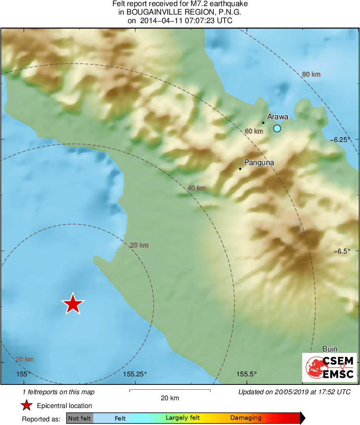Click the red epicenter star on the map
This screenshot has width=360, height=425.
click(x=73, y=304)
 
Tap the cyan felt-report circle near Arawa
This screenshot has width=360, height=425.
click(x=277, y=129)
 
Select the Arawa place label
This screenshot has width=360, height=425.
click(x=278, y=117)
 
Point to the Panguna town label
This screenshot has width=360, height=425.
click(x=259, y=163)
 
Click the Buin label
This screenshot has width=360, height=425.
click(x=330, y=349)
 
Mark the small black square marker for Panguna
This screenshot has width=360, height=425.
click(x=240, y=169)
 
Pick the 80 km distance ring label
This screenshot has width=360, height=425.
click(x=311, y=74)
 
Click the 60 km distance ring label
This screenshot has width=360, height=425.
click(x=254, y=131)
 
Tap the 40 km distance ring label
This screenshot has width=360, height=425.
click(x=196, y=188)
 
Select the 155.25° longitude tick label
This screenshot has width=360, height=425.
click(x=135, y=374)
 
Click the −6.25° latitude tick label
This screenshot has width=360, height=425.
click(x=345, y=140)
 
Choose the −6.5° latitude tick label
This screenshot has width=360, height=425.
click(x=346, y=251)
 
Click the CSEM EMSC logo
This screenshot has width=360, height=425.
click(x=330, y=367)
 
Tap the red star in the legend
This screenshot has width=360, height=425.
click(x=27, y=406)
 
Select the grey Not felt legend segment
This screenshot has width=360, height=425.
click(x=80, y=418)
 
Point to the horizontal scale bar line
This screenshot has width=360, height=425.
click(x=169, y=390)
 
